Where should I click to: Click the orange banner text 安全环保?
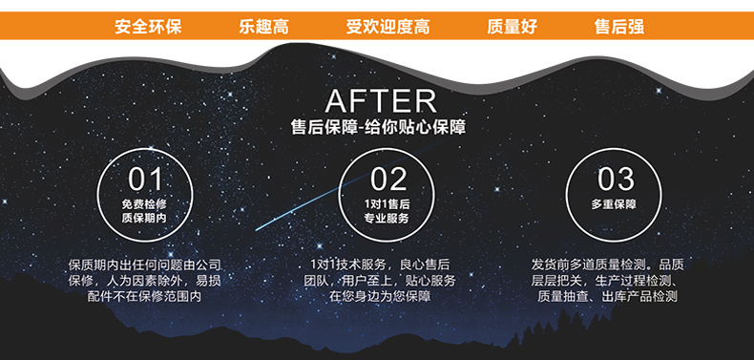(147, 27)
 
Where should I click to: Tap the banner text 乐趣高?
(263, 27)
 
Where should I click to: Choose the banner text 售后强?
(618, 27)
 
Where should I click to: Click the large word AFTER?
(380, 100)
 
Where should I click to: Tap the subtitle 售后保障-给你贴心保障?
(379, 127)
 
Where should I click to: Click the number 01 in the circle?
(145, 179)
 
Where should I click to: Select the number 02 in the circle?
(387, 179)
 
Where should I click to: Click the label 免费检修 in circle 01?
(145, 204)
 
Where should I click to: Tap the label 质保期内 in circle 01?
(145, 219)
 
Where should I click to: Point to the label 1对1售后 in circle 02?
(387, 204)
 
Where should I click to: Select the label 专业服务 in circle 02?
(387, 219)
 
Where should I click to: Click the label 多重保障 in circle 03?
(614, 204)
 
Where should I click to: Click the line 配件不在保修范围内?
(145, 297)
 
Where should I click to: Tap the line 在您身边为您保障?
(380, 297)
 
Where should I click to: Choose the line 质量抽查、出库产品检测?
(607, 297)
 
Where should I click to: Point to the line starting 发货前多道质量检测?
(607, 265)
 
